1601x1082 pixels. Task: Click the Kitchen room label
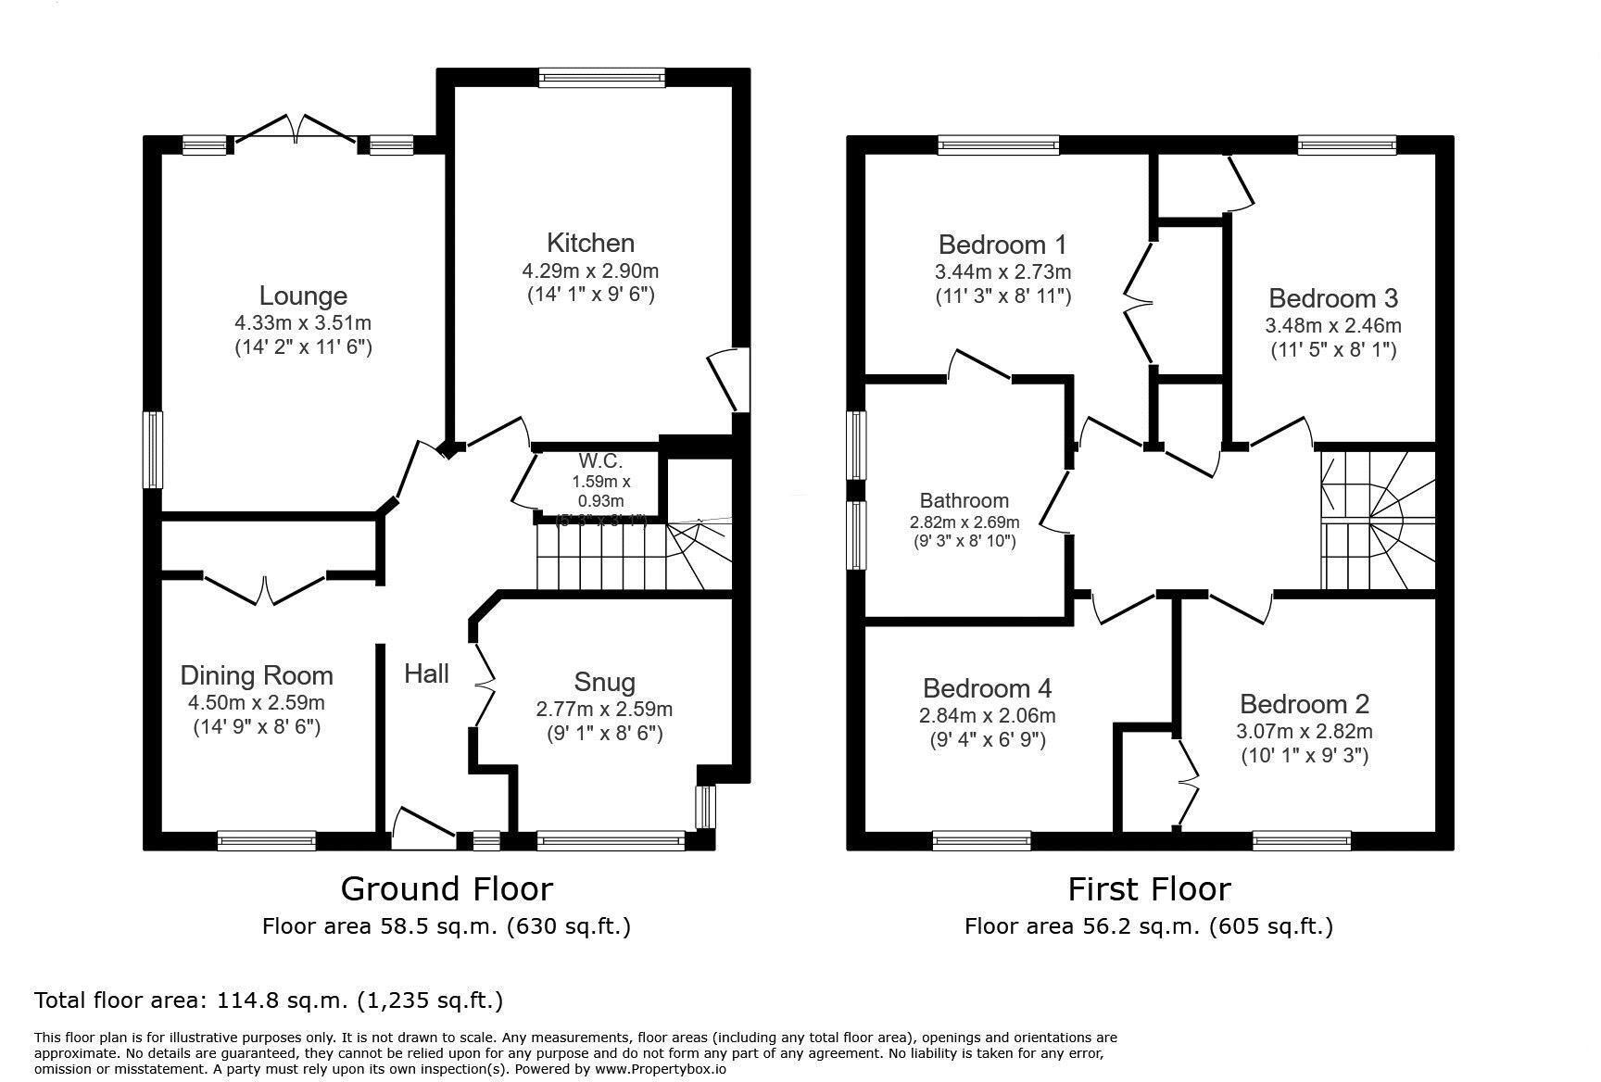(590, 244)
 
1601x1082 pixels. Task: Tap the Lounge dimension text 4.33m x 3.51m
(303, 323)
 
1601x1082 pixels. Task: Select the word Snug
(604, 683)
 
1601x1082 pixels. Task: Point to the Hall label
(426, 673)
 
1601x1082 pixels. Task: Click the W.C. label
(600, 461)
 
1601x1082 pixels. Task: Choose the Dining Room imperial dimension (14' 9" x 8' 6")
(257, 727)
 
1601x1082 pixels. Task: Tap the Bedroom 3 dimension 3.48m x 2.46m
(1332, 326)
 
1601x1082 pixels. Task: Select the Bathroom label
(964, 501)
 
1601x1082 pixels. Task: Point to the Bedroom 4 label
(987, 688)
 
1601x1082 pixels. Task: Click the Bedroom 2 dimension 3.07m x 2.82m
(1304, 732)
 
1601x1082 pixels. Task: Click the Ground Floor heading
(447, 889)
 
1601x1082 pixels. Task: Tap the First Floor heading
(1149, 889)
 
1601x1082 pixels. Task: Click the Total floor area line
(269, 1000)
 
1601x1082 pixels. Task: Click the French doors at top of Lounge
(296, 130)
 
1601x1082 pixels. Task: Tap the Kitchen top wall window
(602, 78)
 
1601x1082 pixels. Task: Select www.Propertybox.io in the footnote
(660, 1068)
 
